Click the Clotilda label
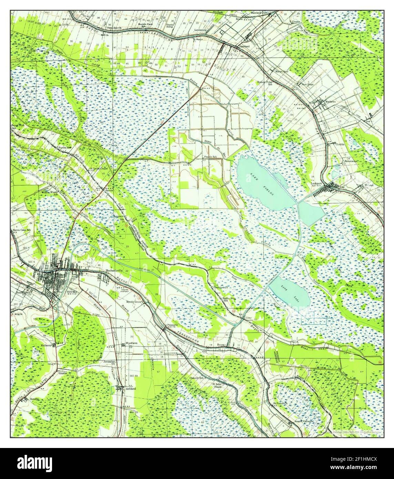(x=341, y=145)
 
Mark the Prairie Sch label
(x=210, y=157)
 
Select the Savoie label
(x=109, y=189)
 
